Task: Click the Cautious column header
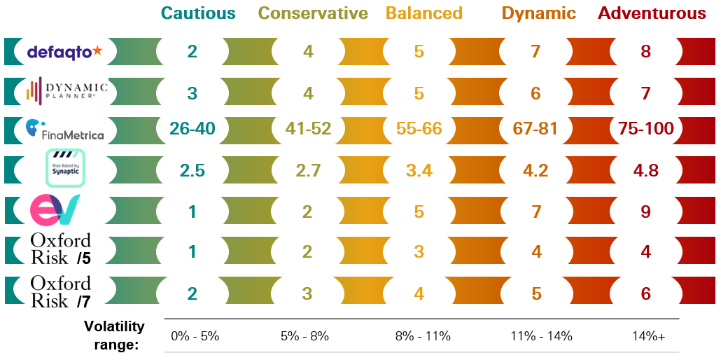click(198, 13)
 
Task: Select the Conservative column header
click(313, 13)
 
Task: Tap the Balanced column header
click(424, 13)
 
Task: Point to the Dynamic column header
click(538, 13)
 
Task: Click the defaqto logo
click(64, 51)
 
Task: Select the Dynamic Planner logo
click(66, 90)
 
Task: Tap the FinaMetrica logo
click(64, 129)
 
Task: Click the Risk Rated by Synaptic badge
click(65, 168)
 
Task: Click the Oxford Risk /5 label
click(61, 250)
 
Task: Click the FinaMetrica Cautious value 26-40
click(192, 129)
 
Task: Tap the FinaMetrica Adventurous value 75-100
click(646, 129)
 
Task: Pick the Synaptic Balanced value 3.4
click(419, 170)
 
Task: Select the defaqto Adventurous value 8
click(646, 51)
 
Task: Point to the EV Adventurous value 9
click(646, 211)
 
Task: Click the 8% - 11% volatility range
click(422, 336)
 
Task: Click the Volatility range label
click(114, 335)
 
